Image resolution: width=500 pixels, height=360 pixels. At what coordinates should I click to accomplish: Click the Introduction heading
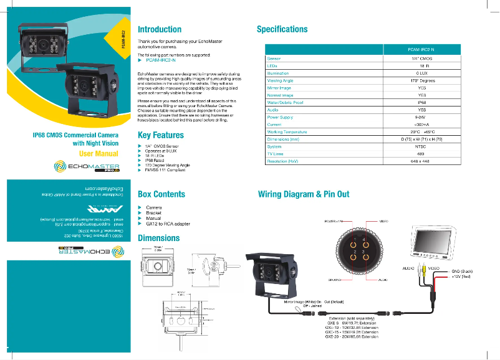point(160,29)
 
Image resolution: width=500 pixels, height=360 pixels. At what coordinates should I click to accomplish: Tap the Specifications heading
point(282,29)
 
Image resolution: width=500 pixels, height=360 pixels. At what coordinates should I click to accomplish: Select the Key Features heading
point(161,135)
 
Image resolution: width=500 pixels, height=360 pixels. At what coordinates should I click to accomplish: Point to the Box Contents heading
point(161,194)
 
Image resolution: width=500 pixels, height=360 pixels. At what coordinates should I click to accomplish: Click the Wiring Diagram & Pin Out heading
point(304,194)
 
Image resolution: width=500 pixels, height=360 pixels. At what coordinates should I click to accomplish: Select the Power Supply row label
point(280,117)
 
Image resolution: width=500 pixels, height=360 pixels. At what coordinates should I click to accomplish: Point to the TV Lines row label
point(276,154)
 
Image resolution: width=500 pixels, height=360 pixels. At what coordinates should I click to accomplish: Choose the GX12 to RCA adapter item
point(168,224)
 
